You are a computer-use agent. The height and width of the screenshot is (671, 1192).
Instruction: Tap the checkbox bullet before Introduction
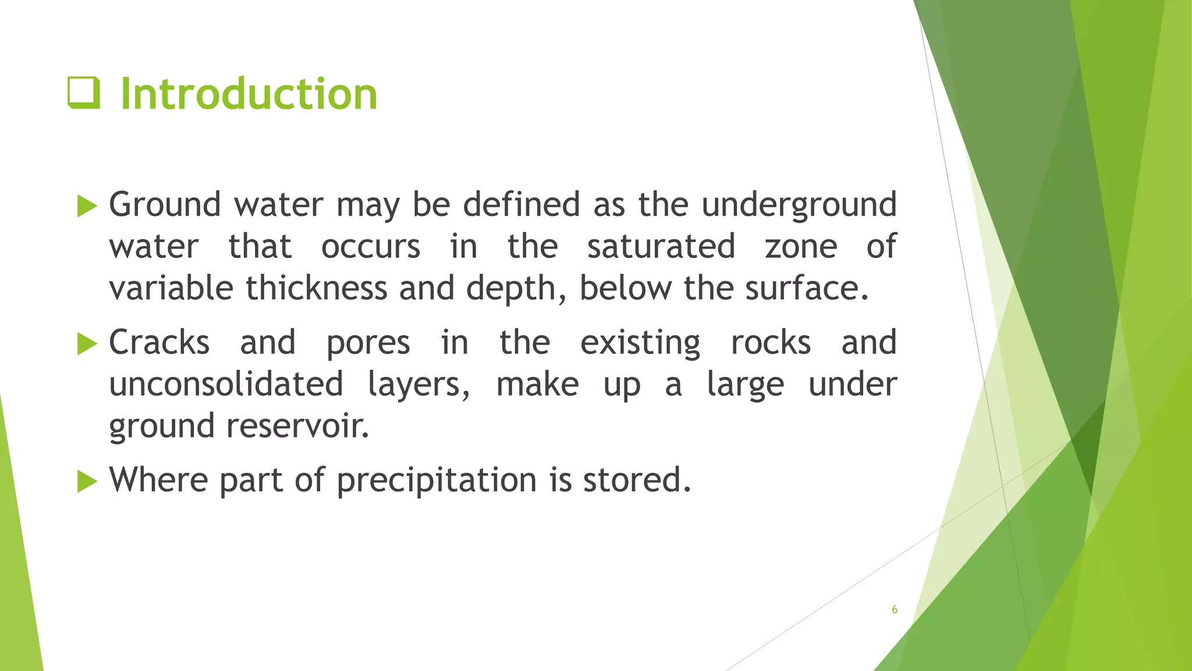[x=84, y=93]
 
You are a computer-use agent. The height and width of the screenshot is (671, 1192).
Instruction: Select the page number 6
[x=895, y=610]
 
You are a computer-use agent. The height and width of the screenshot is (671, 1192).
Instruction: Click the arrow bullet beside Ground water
[x=87, y=206]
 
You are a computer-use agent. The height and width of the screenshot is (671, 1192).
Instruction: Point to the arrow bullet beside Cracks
[x=87, y=344]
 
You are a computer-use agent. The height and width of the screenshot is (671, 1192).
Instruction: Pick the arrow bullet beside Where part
[x=87, y=481]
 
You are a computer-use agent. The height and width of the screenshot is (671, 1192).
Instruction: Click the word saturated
[x=661, y=246]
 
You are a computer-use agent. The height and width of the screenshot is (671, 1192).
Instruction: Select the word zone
[x=801, y=246]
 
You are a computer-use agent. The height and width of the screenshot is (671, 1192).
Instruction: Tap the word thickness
[x=316, y=288]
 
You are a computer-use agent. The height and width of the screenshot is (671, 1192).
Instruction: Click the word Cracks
[x=159, y=342]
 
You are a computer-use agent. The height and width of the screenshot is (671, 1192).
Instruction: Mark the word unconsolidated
[x=226, y=384]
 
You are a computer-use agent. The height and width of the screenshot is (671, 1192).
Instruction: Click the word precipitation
[x=437, y=481]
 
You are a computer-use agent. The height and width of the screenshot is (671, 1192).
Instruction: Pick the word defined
[x=521, y=204]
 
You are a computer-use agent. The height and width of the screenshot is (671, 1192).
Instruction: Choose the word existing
[x=640, y=343]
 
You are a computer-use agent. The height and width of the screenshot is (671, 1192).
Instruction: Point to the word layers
[x=417, y=385]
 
